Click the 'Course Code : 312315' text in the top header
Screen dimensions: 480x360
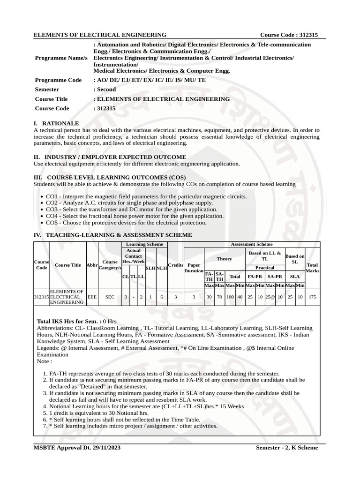pos(289,35)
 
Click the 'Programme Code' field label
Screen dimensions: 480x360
pos(58,80)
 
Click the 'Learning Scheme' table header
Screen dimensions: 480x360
pos(142,244)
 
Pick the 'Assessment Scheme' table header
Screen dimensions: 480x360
pos(252,244)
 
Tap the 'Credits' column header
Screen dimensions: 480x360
pos(175,265)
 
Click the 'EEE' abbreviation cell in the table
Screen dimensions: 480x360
pos(92,297)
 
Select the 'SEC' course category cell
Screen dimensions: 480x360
pos(110,297)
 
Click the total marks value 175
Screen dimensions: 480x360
pos(312,297)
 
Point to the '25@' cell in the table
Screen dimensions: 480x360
pos(270,297)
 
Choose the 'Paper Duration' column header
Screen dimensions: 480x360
pos(194,268)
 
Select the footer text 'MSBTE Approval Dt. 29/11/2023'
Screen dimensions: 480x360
pos(77,448)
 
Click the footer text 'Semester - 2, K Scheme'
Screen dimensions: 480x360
pos(286,448)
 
